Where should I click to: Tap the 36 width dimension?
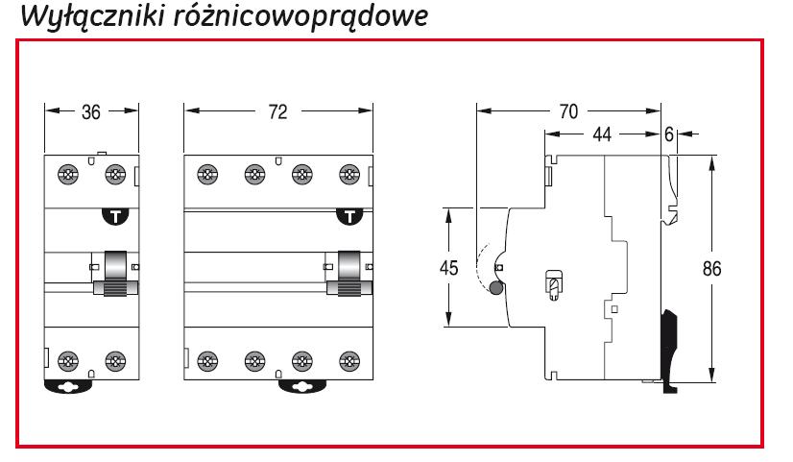tap(91, 111)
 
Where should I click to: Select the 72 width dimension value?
tap(277, 111)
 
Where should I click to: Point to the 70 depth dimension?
tap(569, 111)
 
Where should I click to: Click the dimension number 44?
tap(602, 135)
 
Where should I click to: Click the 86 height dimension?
tap(711, 270)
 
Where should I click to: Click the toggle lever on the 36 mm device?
tap(116, 272)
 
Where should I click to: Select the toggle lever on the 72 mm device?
tap(350, 272)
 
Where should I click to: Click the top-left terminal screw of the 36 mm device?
tap(68, 175)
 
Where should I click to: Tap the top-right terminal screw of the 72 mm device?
tap(349, 175)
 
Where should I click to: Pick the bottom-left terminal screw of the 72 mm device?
tap(206, 361)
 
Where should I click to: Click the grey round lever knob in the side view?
tap(495, 289)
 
